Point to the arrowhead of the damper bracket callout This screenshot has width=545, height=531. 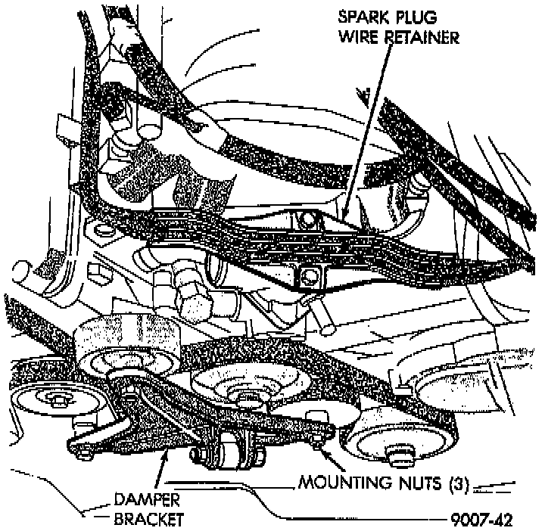pos(164,453)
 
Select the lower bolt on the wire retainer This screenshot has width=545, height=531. pos(307,277)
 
